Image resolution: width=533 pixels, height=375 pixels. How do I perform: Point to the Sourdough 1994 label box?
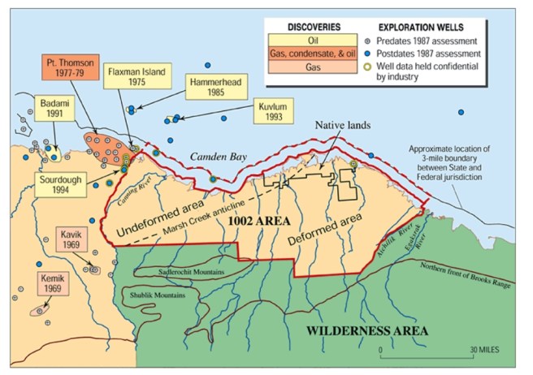66,183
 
